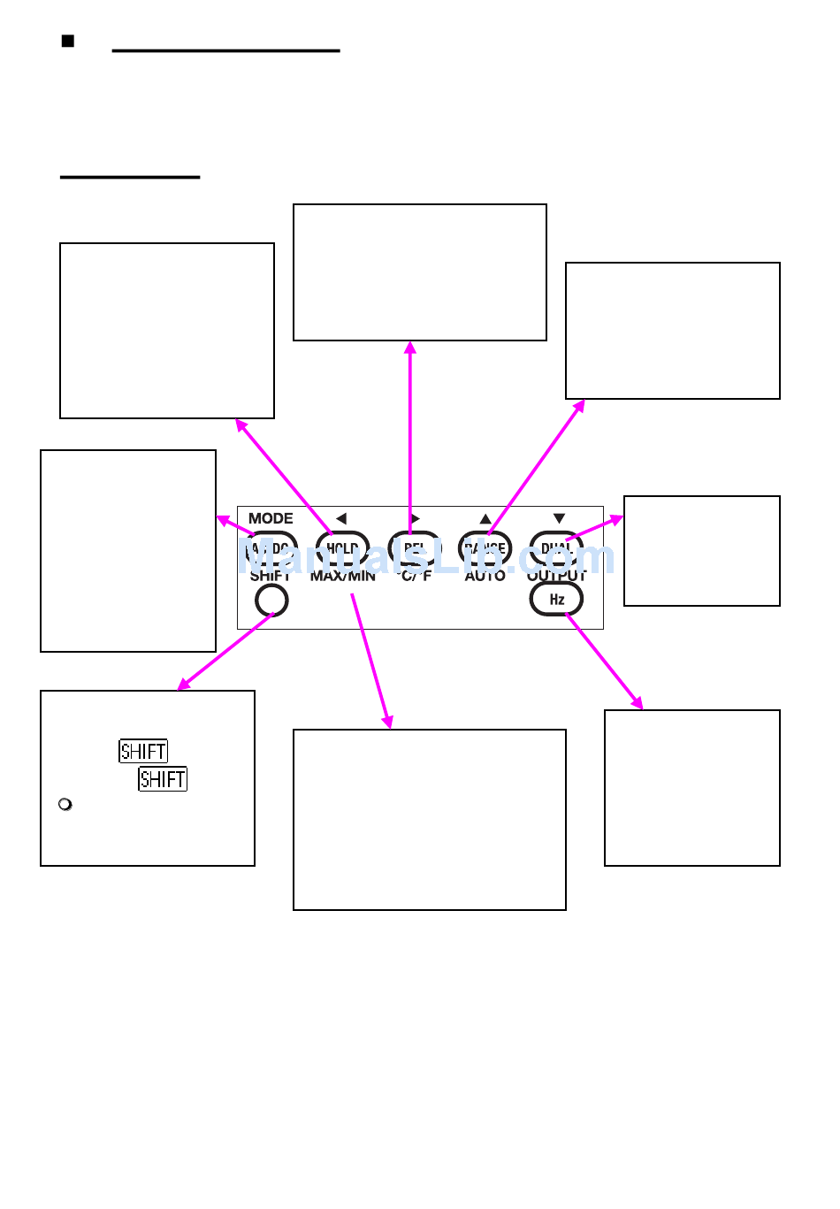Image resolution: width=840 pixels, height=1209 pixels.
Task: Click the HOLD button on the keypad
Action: (342, 548)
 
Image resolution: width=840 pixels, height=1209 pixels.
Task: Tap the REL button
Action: (414, 548)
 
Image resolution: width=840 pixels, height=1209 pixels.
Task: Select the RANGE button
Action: (485, 548)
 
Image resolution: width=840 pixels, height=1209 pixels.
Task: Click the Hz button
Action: (556, 600)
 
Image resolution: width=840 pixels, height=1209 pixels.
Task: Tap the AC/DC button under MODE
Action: (271, 548)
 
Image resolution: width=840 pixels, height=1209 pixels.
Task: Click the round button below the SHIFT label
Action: (271, 601)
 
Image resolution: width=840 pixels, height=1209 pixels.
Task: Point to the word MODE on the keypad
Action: (271, 518)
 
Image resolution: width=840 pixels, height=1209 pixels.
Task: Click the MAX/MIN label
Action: (342, 577)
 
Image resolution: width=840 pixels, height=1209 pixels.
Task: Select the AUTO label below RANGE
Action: (485, 577)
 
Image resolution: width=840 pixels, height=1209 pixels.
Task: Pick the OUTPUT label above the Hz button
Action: (556, 576)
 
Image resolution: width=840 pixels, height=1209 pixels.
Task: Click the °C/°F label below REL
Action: (414, 577)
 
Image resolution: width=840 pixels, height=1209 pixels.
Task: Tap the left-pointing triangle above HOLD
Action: (341, 518)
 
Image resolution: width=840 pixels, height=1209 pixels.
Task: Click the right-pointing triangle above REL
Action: (415, 518)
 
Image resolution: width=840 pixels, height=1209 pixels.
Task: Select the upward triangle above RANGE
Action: (485, 518)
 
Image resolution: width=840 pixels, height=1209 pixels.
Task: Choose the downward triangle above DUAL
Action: (558, 518)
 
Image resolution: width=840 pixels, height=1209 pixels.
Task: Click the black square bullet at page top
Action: (68, 42)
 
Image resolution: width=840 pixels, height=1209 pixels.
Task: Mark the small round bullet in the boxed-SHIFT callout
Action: (65, 805)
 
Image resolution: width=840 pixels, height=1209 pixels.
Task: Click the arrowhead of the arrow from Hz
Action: (638, 704)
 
